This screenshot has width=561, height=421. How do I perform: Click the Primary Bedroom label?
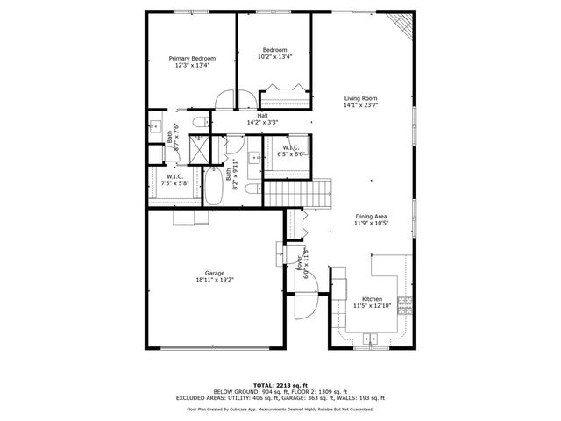click(192, 59)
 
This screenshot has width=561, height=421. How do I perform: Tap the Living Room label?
click(360, 99)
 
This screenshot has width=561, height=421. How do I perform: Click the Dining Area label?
click(372, 217)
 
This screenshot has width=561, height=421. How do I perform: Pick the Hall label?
click(262, 116)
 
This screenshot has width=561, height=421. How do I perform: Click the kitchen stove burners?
click(405, 304)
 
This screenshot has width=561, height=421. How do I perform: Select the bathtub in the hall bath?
click(214, 185)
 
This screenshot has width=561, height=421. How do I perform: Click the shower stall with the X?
click(199, 151)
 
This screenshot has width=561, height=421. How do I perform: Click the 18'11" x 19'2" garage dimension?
click(214, 280)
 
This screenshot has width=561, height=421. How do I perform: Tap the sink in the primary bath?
click(155, 124)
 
